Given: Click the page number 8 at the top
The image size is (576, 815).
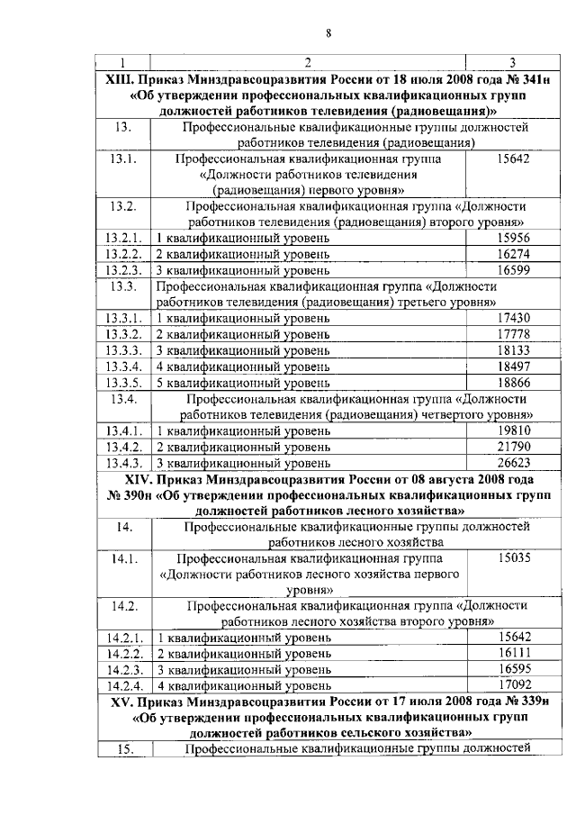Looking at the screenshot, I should (328, 33).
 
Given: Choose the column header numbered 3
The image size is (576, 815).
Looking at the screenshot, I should (512, 62).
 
